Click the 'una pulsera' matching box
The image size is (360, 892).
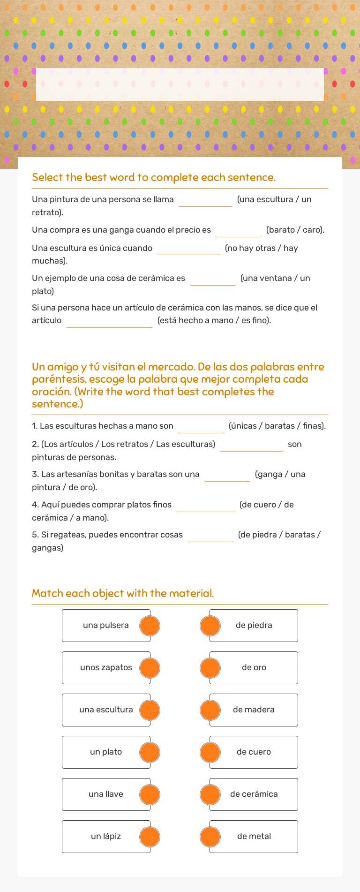pos(106,626)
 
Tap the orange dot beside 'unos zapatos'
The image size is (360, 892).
pos(150,668)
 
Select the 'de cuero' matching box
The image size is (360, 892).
pos(254,752)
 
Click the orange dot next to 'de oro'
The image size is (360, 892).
pos(210,668)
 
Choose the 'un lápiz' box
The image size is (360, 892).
pos(106,837)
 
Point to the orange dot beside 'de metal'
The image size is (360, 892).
pos(210,837)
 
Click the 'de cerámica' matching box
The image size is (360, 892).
pos(254,794)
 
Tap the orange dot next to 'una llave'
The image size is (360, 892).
pos(150,794)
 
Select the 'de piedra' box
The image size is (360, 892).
pos(254,626)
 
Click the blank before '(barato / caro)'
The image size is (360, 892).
pos(239,231)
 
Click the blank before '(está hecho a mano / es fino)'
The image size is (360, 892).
pos(109,321)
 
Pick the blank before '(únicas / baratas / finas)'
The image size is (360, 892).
pos(201,427)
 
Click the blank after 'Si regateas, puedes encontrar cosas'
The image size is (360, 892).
pos(210,536)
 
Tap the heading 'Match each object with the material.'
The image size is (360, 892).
pos(123,593)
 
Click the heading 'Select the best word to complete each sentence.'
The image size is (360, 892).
pos(154,177)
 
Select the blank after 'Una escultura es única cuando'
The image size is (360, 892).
pos(188,249)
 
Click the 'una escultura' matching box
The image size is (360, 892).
pos(106,710)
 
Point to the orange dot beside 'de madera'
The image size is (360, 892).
pos(210,710)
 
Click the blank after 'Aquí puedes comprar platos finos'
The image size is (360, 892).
pos(205,506)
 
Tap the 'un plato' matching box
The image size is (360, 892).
pos(106,752)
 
